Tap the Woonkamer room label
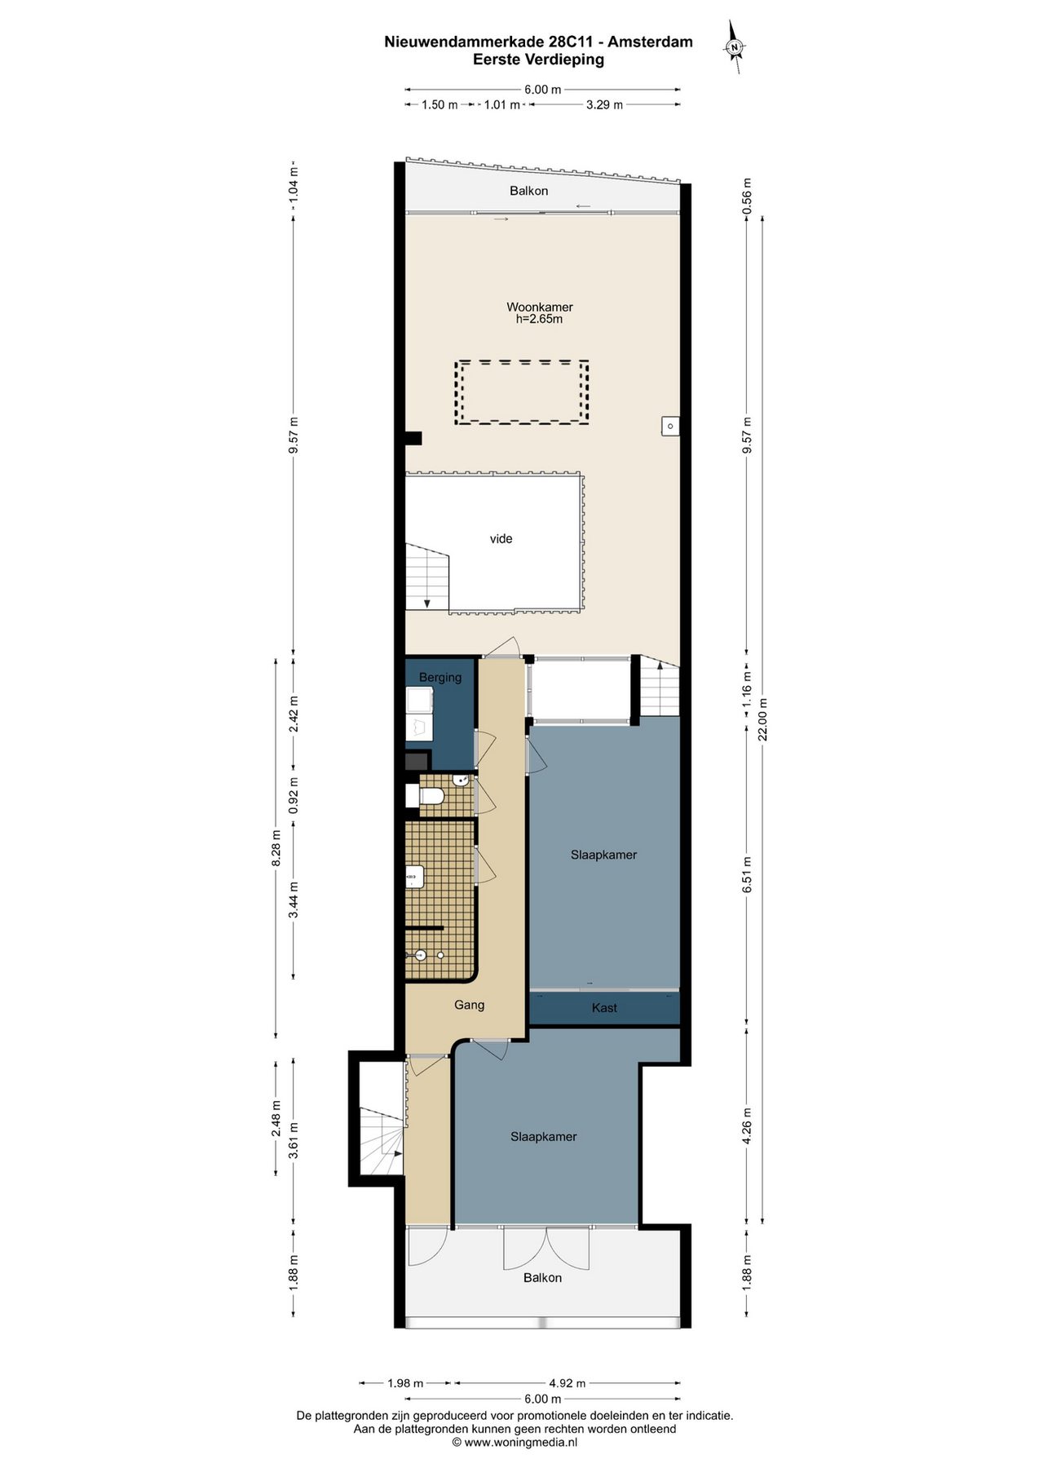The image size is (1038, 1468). point(540,307)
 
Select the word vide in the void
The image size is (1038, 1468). point(501,539)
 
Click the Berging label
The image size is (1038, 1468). point(440,678)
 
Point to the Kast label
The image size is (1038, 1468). point(604,1008)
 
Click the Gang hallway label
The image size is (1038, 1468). point(470,1006)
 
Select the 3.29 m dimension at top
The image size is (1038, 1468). point(604,104)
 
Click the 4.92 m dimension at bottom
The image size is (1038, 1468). point(567,1383)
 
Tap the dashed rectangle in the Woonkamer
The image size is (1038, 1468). point(522,392)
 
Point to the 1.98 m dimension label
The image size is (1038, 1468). point(405,1383)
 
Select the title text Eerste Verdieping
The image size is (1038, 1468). point(538,59)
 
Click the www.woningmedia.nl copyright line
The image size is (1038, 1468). point(515,1442)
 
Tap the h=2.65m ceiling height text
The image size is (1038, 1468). point(539,320)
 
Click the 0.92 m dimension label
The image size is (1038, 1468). point(294,795)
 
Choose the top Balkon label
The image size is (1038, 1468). point(529,191)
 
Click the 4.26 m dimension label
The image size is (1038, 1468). point(747,1126)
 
